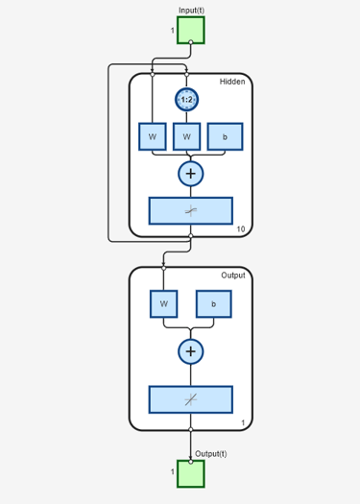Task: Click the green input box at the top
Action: [x=190, y=30]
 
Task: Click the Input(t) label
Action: [x=191, y=10]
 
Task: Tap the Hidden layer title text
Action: [x=232, y=82]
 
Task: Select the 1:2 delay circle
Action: [x=187, y=99]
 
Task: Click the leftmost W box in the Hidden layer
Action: [x=152, y=136]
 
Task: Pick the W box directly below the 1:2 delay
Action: [x=187, y=136]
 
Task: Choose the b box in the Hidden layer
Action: [x=225, y=136]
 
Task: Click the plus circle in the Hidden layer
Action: [x=190, y=173]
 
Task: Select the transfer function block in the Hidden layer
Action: [x=190, y=210]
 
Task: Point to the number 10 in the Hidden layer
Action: [x=241, y=228]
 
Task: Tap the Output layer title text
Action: [x=233, y=276]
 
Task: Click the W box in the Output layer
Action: [x=163, y=303]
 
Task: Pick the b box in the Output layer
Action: [x=214, y=303]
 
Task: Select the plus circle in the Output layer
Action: [x=190, y=351]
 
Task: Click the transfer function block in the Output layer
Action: [x=190, y=398]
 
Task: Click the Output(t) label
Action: [x=211, y=453]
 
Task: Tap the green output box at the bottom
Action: [x=190, y=473]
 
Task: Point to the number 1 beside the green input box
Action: [x=173, y=31]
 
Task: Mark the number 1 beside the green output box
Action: [x=173, y=471]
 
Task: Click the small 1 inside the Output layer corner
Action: [x=243, y=422]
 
